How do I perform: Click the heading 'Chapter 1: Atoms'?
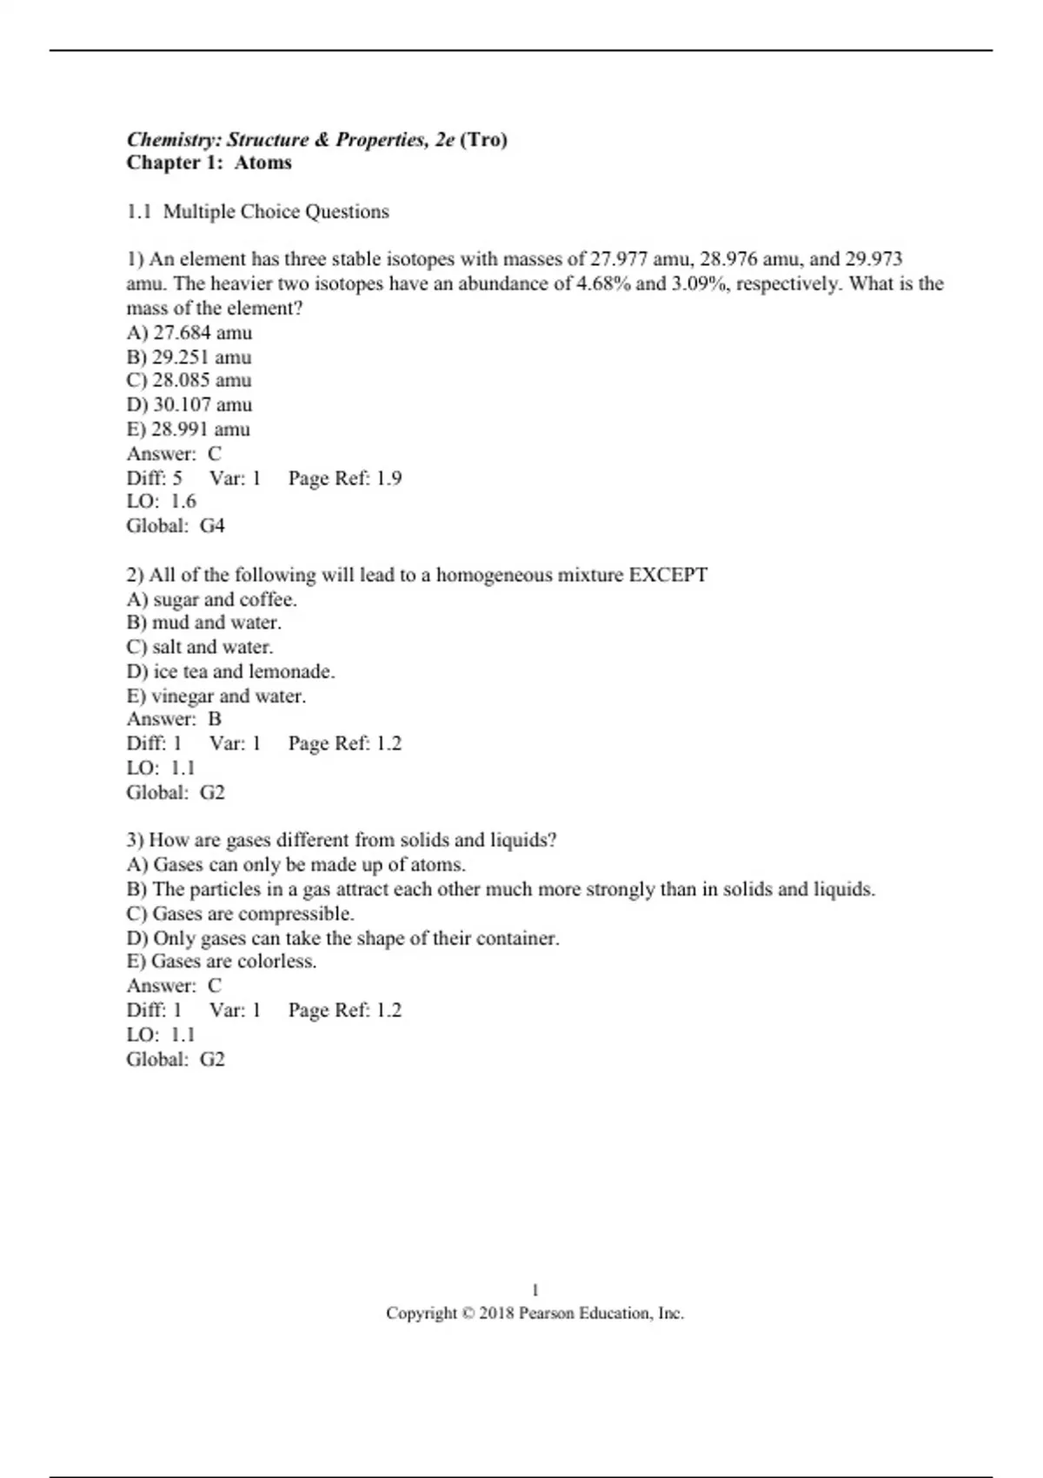coord(209,163)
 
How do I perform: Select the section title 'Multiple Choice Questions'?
coord(276,211)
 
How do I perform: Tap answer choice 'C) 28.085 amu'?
coord(189,380)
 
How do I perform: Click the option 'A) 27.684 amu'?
coord(189,332)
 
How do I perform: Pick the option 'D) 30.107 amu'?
coord(189,404)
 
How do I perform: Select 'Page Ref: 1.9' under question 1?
coord(344,477)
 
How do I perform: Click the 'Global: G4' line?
coord(175,525)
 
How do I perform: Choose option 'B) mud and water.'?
coord(203,622)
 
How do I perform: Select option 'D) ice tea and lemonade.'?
coord(230,671)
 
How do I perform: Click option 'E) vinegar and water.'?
coord(216,696)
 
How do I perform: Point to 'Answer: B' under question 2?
coord(174,719)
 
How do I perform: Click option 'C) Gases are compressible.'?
coord(240,914)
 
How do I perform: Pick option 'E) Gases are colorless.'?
coord(221,961)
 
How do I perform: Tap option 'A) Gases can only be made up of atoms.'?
coord(296,864)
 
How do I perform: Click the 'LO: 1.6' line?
coord(161,501)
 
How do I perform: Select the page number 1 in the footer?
coord(535,1290)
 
